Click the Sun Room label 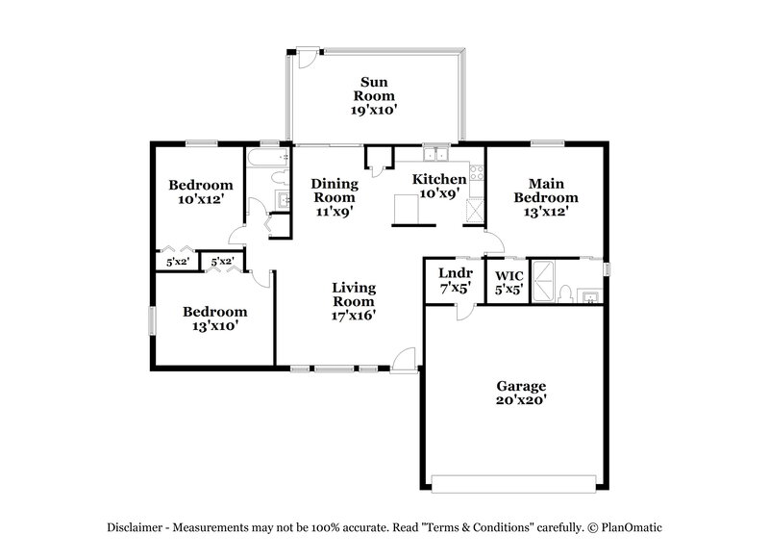[374, 89]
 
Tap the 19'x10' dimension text [374, 111]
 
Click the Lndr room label [454, 272]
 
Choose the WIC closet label [509, 273]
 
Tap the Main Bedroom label [545, 191]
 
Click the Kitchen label [439, 179]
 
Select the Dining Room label [335, 191]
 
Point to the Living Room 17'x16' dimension [354, 314]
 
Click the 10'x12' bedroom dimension [201, 200]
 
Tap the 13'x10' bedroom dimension [214, 326]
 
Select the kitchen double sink [436, 154]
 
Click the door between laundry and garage [462, 310]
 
